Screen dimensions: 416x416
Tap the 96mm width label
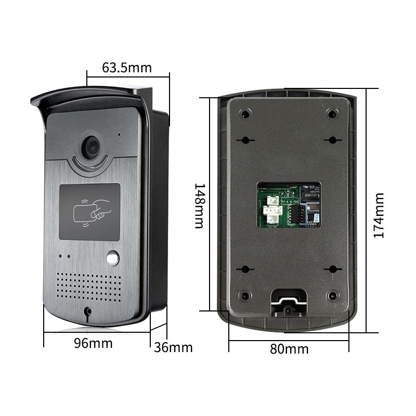click(x=93, y=343)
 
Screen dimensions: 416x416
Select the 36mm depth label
click(x=173, y=347)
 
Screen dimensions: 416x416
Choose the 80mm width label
click(x=289, y=349)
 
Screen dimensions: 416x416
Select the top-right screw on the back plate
click(x=331, y=113)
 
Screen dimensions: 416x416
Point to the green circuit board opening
click(x=289, y=204)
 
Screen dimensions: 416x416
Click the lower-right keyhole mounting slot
click(x=331, y=269)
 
